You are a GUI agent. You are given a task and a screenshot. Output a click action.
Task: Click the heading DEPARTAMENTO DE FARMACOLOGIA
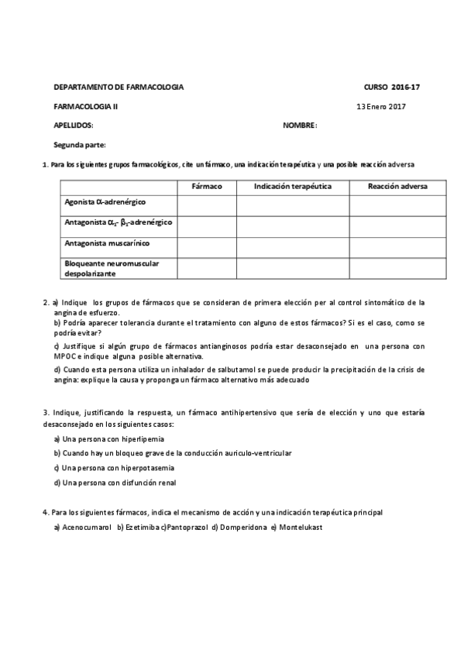tap(119, 88)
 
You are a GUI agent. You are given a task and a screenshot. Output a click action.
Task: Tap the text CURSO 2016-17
tap(391, 88)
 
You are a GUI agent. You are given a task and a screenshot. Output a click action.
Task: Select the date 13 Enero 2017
tap(381, 106)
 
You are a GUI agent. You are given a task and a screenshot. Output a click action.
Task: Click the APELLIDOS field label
tap(73, 125)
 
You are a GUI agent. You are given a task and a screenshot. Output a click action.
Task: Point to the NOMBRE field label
tap(300, 125)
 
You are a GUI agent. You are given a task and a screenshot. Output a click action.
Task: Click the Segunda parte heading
tap(80, 145)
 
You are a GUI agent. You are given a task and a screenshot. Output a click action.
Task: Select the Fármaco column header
tap(207, 187)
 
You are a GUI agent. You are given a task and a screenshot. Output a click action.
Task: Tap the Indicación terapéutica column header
tap(293, 187)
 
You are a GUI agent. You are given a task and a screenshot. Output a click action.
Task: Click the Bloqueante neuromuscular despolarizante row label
tap(112, 268)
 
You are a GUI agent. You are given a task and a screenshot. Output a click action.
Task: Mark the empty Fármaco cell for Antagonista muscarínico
tap(207, 247)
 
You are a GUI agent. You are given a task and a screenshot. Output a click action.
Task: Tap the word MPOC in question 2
tap(67, 356)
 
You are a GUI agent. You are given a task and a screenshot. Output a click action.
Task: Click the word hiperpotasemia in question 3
tap(145, 468)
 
